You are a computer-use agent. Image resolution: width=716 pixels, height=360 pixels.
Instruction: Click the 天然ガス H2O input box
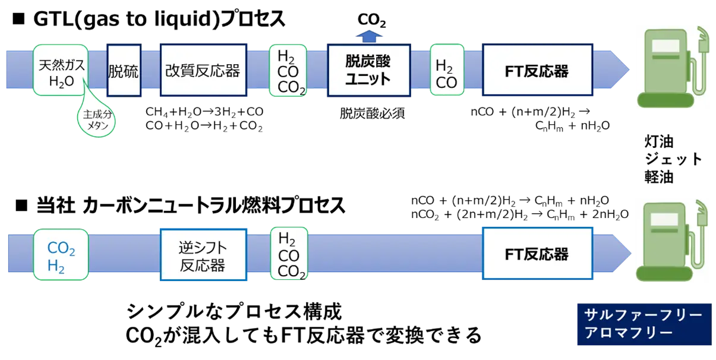click(x=61, y=70)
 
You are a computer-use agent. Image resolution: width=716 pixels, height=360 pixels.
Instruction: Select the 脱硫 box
click(x=124, y=70)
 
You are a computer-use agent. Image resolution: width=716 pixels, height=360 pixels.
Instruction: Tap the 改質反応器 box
click(x=204, y=70)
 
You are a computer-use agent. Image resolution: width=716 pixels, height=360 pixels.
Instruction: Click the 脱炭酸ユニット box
click(x=369, y=70)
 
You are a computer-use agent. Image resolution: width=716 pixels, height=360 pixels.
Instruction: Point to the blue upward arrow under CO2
click(x=369, y=36)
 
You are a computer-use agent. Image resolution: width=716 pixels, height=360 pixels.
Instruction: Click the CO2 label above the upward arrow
click(x=372, y=20)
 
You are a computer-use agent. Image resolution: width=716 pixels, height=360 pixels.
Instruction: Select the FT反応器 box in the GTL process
click(x=538, y=70)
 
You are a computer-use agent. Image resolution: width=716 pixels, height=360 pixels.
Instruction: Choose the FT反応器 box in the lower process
click(x=538, y=254)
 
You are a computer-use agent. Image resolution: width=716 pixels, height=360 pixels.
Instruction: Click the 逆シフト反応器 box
click(x=204, y=255)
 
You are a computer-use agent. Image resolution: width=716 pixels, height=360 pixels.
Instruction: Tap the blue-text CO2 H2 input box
click(x=61, y=255)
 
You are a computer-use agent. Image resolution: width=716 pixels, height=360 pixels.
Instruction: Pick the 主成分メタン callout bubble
click(x=96, y=120)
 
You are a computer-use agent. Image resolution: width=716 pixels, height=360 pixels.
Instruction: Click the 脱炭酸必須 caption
click(x=373, y=113)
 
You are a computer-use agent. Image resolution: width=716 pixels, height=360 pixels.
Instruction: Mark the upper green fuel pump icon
click(x=671, y=67)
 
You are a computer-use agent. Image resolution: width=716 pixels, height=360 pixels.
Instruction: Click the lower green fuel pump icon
click(x=671, y=241)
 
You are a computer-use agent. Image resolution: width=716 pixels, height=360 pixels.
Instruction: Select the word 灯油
click(x=659, y=142)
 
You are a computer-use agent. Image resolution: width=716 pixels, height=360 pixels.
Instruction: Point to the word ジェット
click(x=673, y=159)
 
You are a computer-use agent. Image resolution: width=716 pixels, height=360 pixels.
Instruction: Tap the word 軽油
click(x=659, y=177)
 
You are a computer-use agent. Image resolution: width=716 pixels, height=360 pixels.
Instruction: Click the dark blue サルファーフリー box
click(x=644, y=324)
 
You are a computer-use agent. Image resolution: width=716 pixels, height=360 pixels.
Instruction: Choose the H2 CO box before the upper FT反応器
click(x=447, y=70)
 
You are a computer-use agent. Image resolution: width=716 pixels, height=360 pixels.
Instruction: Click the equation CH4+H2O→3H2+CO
click(x=204, y=112)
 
